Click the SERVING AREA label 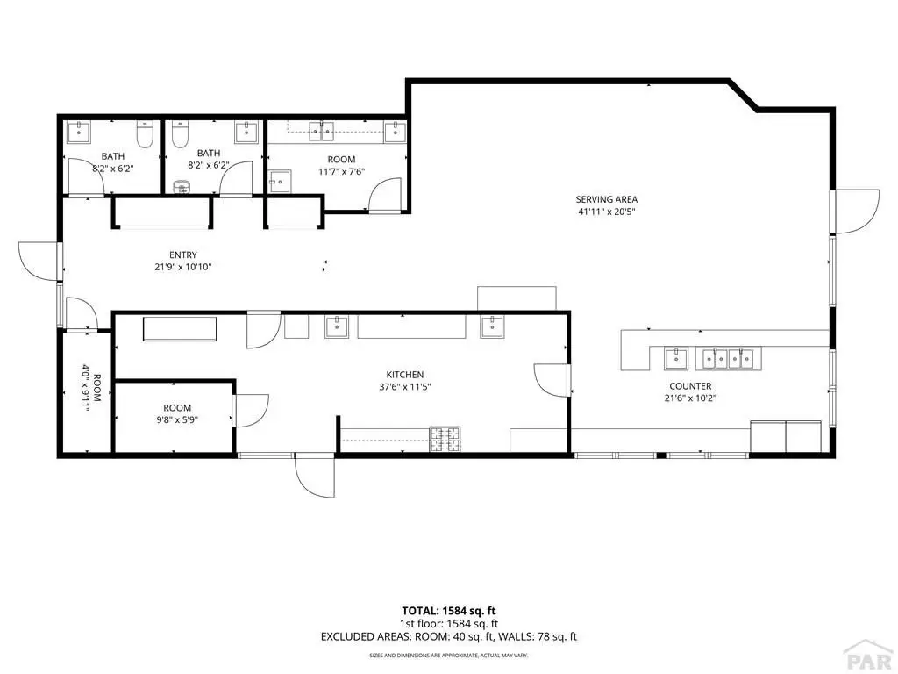(x=607, y=199)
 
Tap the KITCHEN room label (x=405, y=375)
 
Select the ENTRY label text (x=183, y=255)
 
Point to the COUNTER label (x=690, y=386)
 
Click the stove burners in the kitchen (x=445, y=439)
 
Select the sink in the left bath (x=78, y=132)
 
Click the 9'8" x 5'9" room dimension (x=177, y=419)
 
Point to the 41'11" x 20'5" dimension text (x=607, y=212)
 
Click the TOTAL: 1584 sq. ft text (x=449, y=611)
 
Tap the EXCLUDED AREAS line (x=449, y=636)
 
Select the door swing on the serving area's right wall (x=857, y=211)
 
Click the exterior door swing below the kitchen (x=315, y=477)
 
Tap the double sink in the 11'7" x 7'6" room (x=322, y=132)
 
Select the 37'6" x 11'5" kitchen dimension (x=405, y=387)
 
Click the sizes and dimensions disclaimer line (x=449, y=655)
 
